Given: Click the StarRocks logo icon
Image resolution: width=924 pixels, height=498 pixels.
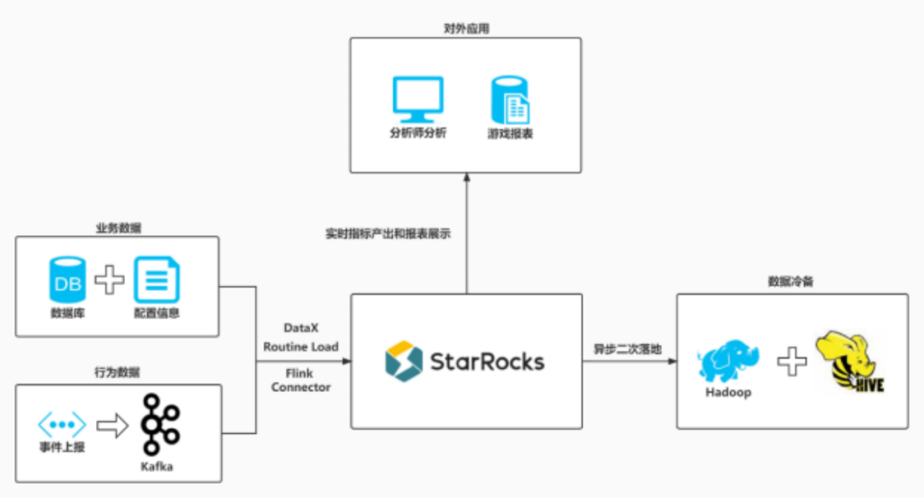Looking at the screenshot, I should [404, 361].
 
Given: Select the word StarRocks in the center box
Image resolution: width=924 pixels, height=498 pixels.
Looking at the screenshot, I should [487, 361].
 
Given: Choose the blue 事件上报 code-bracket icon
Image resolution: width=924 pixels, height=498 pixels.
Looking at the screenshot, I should [62, 424].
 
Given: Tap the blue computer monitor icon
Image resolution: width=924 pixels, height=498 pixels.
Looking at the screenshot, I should [418, 98].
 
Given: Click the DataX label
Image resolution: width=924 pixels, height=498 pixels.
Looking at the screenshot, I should [301, 329].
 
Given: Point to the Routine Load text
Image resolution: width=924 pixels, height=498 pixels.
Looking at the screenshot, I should [300, 347].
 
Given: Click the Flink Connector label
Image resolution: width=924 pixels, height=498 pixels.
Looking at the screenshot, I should [300, 381].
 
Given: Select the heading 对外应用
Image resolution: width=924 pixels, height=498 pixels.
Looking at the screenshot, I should [466, 29].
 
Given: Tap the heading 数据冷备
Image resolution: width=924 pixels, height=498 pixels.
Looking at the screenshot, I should [791, 282].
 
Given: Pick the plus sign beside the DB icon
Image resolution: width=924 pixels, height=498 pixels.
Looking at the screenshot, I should [109, 280].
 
